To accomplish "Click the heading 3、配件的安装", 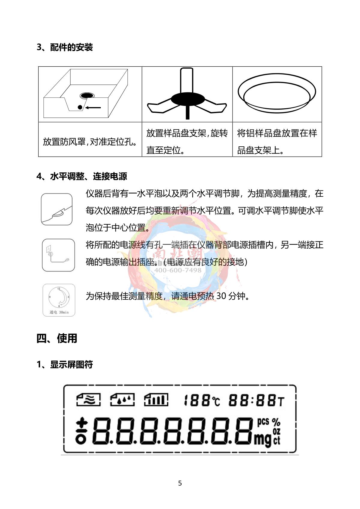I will point(64,47).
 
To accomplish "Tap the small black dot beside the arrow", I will point(80,107).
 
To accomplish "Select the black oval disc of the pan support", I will point(187,99).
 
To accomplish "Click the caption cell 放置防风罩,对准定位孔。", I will point(90,142).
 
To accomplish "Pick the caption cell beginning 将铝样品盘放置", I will point(277,142).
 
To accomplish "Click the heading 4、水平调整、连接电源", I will point(82,176).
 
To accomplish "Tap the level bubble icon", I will point(57,209).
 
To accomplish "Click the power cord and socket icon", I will point(58,255).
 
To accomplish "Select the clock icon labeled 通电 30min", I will point(59,300).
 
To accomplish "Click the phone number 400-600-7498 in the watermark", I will point(178,270).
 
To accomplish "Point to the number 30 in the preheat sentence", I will point(221,296).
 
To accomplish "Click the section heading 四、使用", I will point(57,338).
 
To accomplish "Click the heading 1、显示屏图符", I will point(64,365).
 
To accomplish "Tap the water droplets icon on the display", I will point(122,400).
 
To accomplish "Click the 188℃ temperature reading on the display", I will point(201,401).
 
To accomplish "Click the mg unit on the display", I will point(263,439).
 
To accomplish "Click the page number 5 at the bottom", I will point(180,483).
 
